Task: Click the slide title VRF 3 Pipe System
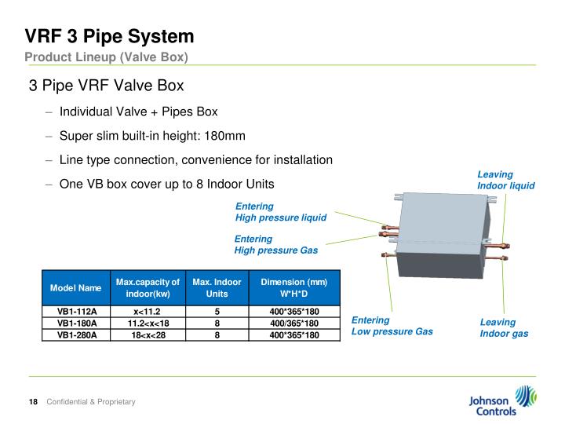coord(109,36)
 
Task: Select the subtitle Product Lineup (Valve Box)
coord(106,57)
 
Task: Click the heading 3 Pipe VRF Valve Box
coord(106,85)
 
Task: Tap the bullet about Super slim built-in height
coord(152,136)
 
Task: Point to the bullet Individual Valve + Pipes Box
coord(138,111)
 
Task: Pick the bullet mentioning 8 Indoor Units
coord(166,184)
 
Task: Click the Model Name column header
coord(76,288)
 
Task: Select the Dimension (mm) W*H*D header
coord(293,287)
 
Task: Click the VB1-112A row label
coord(76,312)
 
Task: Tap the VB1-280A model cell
coord(76,334)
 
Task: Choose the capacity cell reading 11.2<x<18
coord(148,323)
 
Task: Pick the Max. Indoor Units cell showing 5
coord(217,312)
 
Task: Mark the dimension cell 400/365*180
coord(293,323)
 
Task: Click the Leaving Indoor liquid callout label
coord(505,180)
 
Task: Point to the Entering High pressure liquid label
coord(280,212)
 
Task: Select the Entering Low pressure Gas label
coord(392,326)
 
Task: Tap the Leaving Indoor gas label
coord(504,327)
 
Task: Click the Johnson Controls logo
coord(502,400)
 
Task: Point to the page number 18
coord(33,402)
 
